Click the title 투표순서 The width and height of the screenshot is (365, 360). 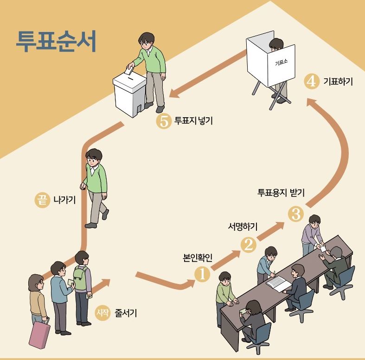(x=56, y=42)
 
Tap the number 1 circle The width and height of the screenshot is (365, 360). (x=202, y=274)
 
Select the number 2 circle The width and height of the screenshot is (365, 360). (x=248, y=245)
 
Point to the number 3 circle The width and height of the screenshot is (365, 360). (x=295, y=214)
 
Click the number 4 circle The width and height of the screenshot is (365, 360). (x=311, y=82)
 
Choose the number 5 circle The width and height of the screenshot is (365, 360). (x=163, y=122)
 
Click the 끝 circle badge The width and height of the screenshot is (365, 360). (x=42, y=200)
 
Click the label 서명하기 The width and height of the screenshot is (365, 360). (x=243, y=227)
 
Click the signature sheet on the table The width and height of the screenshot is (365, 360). (x=278, y=282)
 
